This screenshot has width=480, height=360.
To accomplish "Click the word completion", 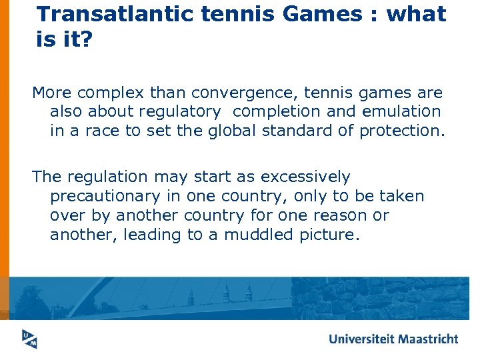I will [276, 111].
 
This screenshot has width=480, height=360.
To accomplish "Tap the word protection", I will [399, 130].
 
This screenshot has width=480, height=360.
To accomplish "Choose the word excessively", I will [305, 177].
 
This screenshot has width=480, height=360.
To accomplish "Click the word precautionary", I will [109, 197].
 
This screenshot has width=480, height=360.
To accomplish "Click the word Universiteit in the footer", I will [361, 339].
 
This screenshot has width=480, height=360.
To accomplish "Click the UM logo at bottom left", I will [27, 339].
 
